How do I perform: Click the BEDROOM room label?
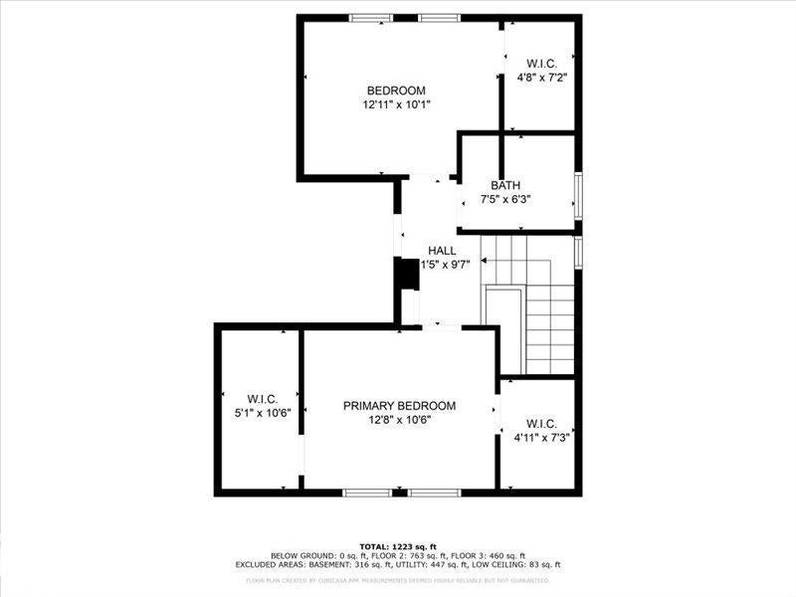[x=396, y=91]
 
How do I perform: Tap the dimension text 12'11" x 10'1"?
[x=396, y=103]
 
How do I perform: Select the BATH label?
[x=504, y=186]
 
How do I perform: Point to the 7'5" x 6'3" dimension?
[x=504, y=199]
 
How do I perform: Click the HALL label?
[x=442, y=251]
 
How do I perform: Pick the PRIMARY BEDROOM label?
[x=399, y=406]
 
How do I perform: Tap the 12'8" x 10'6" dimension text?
[x=399, y=420]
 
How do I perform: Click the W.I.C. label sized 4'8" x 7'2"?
[x=541, y=62]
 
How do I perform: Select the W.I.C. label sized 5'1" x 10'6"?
[x=262, y=400]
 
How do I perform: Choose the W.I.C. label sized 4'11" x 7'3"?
[x=540, y=423]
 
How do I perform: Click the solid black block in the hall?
[x=407, y=275]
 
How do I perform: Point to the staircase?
[x=537, y=308]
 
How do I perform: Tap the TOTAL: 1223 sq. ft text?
[x=398, y=546]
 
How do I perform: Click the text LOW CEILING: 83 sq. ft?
[x=508, y=564]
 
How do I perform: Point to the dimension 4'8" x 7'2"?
[x=541, y=76]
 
